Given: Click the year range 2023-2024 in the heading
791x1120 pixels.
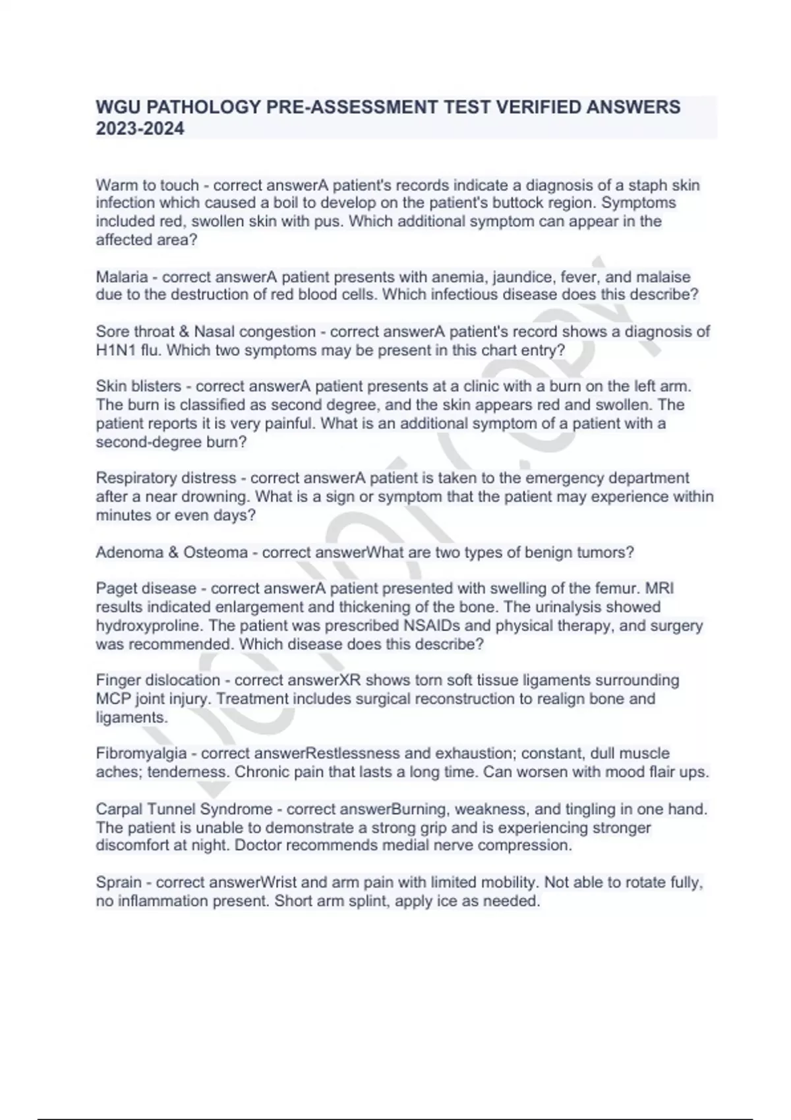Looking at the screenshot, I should (x=140, y=128).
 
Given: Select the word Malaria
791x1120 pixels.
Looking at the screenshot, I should (x=121, y=277).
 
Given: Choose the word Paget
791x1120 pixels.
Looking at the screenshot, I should (x=117, y=588).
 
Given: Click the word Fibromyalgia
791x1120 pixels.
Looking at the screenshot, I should (x=141, y=753).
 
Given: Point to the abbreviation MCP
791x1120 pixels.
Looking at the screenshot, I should (x=113, y=698).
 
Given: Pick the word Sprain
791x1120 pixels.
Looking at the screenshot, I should (x=119, y=882).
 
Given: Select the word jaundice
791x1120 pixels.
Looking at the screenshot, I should (x=521, y=277).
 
